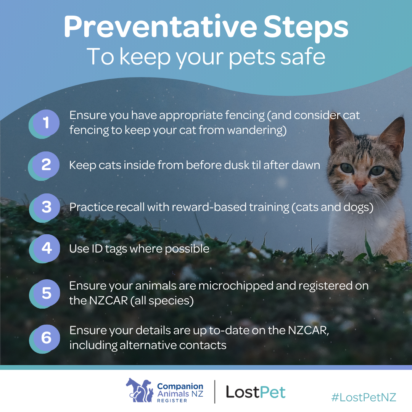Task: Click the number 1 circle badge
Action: click(x=45, y=123)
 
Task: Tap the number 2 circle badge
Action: click(x=44, y=166)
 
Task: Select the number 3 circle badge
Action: click(x=45, y=208)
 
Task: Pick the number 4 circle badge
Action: click(x=45, y=249)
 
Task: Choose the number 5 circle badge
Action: click(x=45, y=293)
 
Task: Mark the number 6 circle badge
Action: click(x=45, y=339)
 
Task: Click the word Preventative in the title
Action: click(x=160, y=27)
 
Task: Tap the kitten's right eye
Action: click(x=377, y=170)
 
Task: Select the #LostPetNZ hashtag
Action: click(x=364, y=397)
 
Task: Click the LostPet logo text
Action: click(x=256, y=392)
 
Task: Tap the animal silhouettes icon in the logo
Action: click(x=140, y=390)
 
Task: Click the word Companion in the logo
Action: click(x=180, y=386)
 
